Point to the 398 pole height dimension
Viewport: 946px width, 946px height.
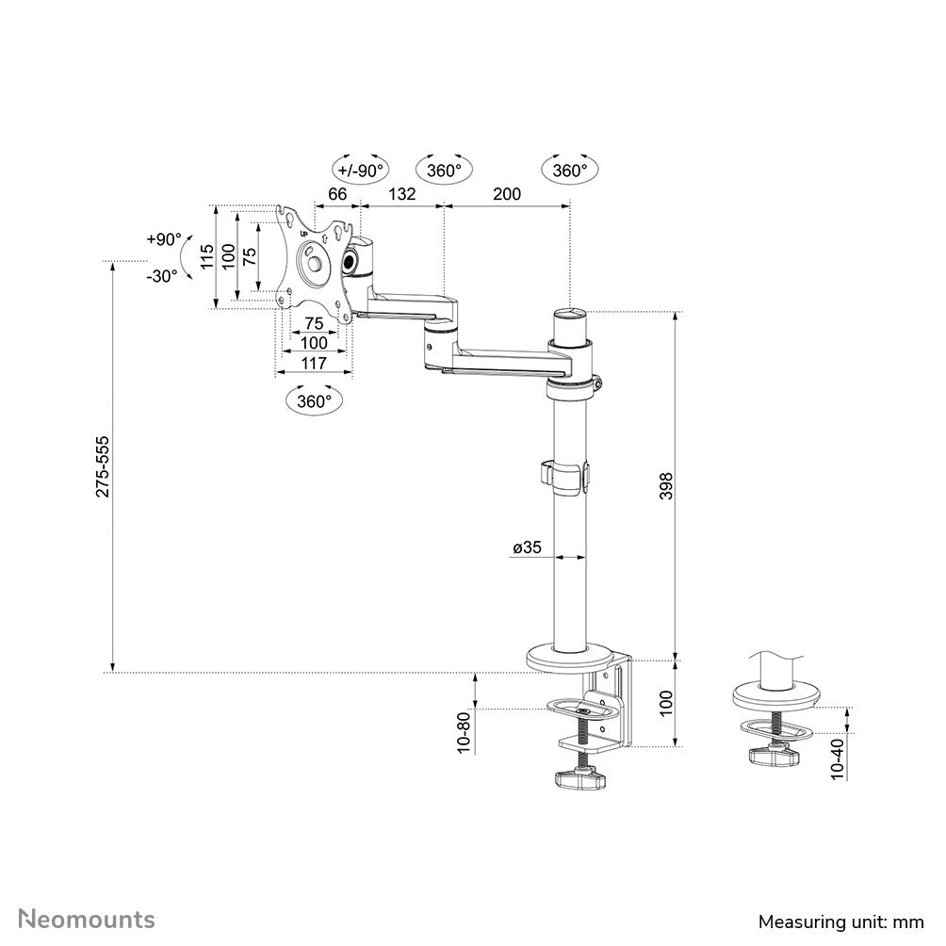pos(665,485)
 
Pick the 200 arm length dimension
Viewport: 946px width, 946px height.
pos(506,194)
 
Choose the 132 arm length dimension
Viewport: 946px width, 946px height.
pos(401,194)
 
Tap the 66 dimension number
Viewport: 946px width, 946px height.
pos(337,194)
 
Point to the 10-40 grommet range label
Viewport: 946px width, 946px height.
pos(839,757)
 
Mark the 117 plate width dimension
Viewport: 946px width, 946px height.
pos(314,364)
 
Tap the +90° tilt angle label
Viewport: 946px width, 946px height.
pos(163,239)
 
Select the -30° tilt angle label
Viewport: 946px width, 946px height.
pos(161,275)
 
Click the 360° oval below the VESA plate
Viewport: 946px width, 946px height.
pos(314,400)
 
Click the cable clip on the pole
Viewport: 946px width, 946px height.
pos(565,476)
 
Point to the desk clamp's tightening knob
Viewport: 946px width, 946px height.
pos(576,778)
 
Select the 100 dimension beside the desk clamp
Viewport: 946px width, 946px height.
pos(665,703)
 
